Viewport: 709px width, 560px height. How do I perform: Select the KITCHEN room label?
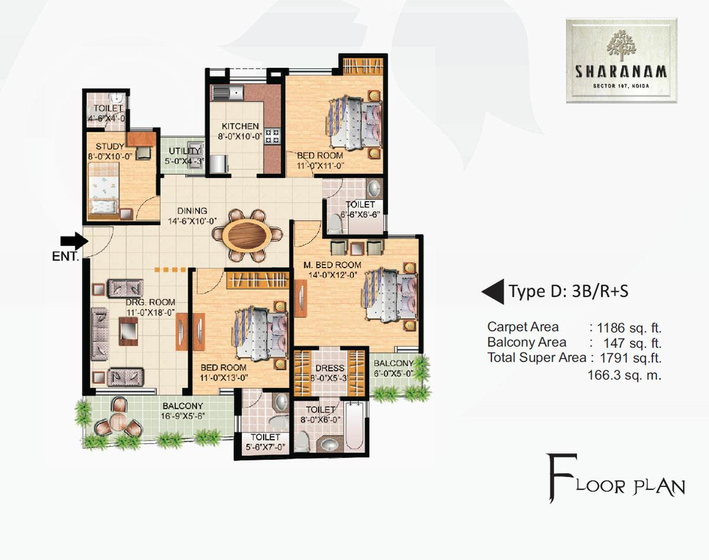(x=240, y=126)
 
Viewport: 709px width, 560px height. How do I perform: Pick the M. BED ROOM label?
(x=331, y=265)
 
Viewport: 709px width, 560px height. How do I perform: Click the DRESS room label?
(x=326, y=368)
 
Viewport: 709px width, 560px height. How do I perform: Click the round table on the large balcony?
(x=118, y=421)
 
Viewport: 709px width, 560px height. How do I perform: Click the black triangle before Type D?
(x=493, y=291)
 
